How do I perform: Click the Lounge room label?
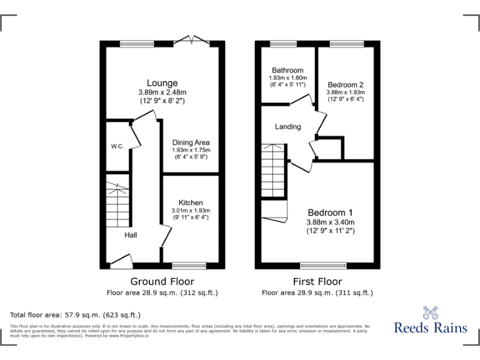(x=162, y=83)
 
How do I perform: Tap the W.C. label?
(x=117, y=146)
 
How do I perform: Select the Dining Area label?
(x=191, y=142)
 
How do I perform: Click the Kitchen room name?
(x=191, y=202)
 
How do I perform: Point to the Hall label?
(x=131, y=235)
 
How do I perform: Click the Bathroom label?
(x=287, y=70)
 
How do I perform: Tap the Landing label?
(x=288, y=126)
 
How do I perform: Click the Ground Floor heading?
(x=162, y=281)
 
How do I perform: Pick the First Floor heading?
(x=317, y=281)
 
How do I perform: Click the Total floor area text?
(x=76, y=315)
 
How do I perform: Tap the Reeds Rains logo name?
(x=429, y=327)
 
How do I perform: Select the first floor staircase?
(x=274, y=171)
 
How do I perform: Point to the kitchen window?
(x=189, y=265)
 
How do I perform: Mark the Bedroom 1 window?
(x=323, y=265)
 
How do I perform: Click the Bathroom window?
(x=283, y=43)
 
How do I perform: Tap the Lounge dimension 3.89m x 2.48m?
(x=162, y=92)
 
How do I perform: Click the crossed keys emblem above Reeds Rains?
(x=429, y=311)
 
